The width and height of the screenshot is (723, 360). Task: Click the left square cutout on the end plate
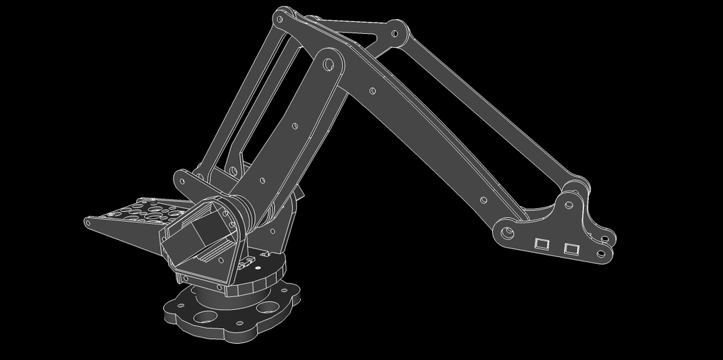542,244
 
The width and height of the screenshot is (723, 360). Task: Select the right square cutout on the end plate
570,248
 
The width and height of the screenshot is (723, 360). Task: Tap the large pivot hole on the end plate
507,232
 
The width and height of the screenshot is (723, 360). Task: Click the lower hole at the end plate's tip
602,253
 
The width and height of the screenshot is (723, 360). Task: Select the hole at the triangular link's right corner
396,33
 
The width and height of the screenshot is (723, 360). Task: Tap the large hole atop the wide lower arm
328,64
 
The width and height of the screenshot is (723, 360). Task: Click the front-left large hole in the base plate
205,316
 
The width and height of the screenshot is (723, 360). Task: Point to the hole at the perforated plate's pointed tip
88,222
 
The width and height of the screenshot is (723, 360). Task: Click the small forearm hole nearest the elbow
373,90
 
